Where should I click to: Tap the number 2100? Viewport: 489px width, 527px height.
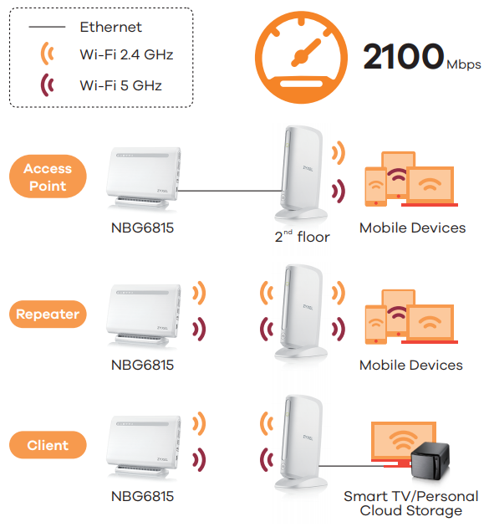click(x=402, y=56)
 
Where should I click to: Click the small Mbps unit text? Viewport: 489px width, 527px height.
click(x=464, y=64)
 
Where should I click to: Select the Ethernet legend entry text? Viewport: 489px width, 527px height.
click(x=110, y=27)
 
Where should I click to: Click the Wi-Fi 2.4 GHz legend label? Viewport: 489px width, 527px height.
click(x=126, y=54)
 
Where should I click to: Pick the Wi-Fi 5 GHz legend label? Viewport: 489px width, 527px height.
click(x=120, y=84)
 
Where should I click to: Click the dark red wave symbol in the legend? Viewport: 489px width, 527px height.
click(x=48, y=84)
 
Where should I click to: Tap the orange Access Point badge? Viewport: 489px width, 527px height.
click(x=48, y=177)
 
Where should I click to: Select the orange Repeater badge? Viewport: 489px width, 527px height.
click(x=48, y=315)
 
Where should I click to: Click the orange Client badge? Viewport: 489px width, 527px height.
click(x=48, y=445)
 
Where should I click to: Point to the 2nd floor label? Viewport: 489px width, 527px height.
click(x=302, y=237)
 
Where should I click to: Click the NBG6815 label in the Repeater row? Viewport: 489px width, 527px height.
click(x=142, y=365)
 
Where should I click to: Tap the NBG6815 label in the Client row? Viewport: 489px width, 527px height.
click(x=142, y=496)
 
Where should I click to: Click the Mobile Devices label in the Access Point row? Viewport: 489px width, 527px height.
click(x=412, y=228)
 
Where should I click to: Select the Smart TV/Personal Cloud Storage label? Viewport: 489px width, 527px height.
click(x=410, y=504)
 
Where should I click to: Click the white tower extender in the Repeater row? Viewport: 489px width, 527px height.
click(x=298, y=310)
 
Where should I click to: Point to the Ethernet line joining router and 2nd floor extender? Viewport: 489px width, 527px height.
click(x=226, y=191)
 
